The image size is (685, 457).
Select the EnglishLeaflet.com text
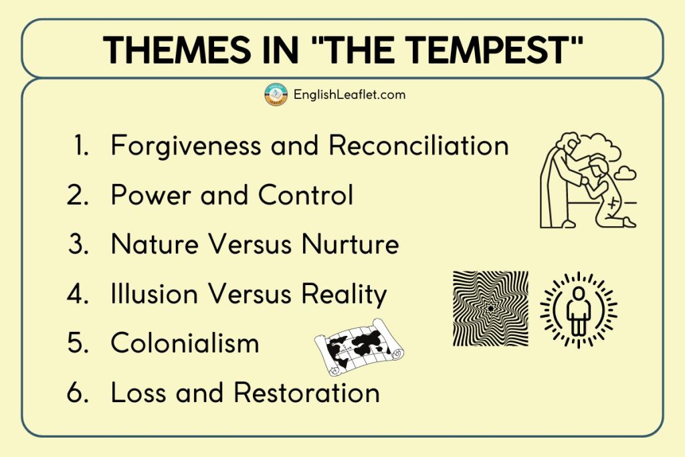[x=349, y=94]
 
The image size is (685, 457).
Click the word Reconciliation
[x=418, y=146]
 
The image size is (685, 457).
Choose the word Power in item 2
[x=146, y=195]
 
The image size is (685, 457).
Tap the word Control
[x=306, y=195]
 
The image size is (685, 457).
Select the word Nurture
[x=350, y=244]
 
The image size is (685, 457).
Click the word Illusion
[x=154, y=294]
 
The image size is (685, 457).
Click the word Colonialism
[x=185, y=343]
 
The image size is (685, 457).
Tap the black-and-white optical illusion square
[x=490, y=308]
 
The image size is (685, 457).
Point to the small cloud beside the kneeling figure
[x=625, y=173]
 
